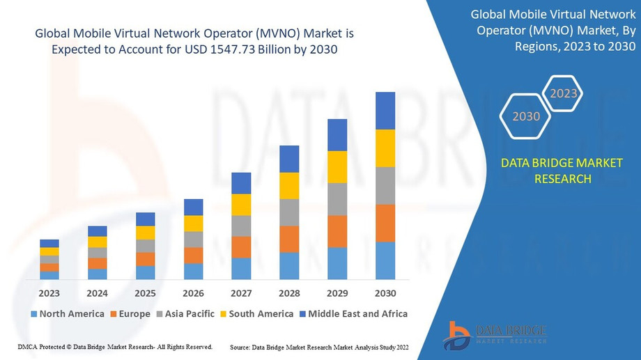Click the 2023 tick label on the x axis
click(x=49, y=292)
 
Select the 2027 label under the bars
click(x=241, y=292)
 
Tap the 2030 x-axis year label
click(x=385, y=292)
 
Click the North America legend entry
click(x=67, y=314)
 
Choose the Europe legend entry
click(x=130, y=314)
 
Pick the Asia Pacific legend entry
click(x=185, y=314)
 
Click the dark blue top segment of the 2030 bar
click(x=385, y=110)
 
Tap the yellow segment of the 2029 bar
click(x=337, y=166)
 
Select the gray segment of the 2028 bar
click(x=289, y=212)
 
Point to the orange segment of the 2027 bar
click(x=241, y=247)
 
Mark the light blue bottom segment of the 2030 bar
click(x=385, y=260)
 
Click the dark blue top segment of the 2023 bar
click(x=49, y=243)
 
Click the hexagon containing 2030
click(x=526, y=116)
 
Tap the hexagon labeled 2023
click(x=563, y=93)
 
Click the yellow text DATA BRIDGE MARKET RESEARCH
click(x=562, y=171)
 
